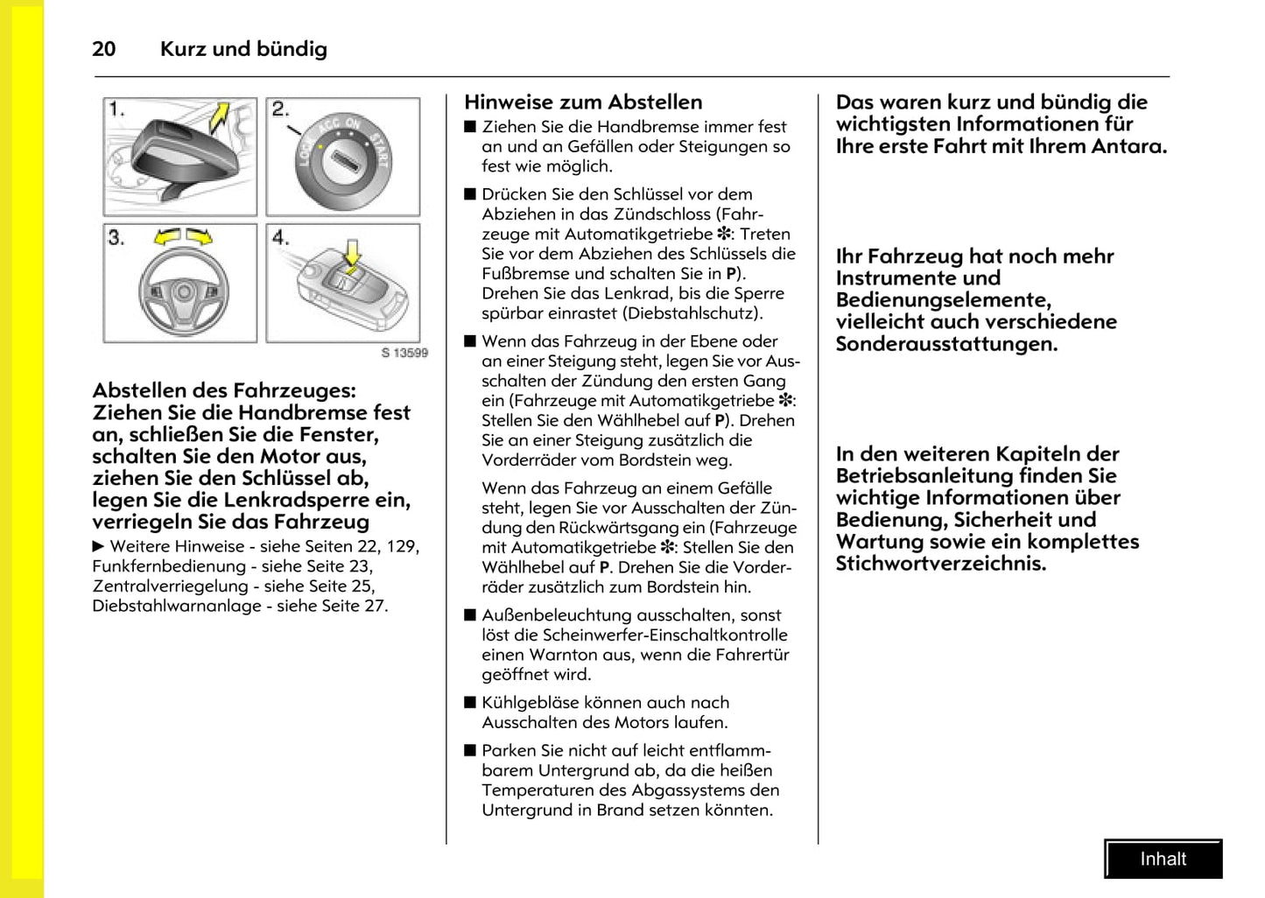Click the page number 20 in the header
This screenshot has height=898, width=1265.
(103, 49)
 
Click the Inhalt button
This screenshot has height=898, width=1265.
(1163, 859)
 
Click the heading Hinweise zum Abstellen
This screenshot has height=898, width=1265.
(583, 102)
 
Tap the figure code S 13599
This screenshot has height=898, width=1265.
(404, 353)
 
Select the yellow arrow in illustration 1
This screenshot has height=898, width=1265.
(219, 116)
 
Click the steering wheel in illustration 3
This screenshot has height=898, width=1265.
(183, 291)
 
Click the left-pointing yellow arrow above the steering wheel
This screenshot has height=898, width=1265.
(167, 236)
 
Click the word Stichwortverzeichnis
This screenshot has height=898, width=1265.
(941, 564)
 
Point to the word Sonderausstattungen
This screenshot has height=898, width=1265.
(946, 344)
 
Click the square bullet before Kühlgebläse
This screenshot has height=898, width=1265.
(470, 702)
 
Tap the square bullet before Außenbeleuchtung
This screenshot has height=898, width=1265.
(470, 615)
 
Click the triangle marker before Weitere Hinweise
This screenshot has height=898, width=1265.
(98, 547)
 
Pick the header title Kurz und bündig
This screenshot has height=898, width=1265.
(243, 49)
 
